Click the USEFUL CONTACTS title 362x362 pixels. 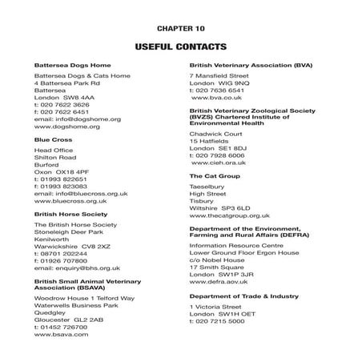tap(180, 46)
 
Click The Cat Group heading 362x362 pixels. tap(215, 175)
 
